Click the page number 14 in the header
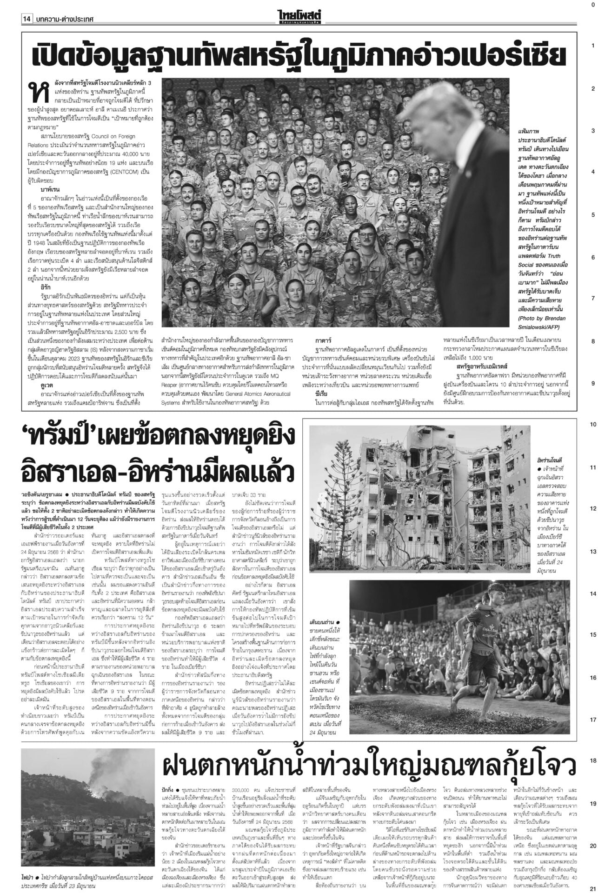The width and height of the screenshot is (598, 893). tap(26, 20)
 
